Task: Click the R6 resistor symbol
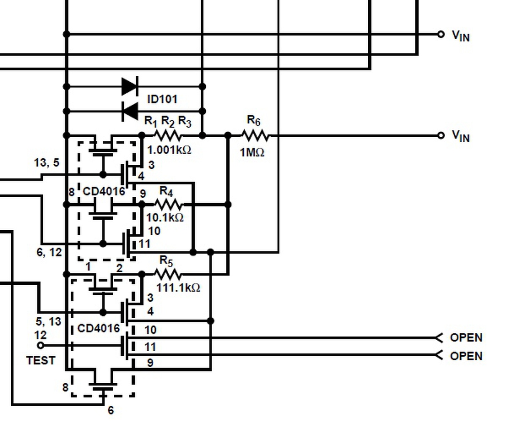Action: pyautogui.click(x=255, y=135)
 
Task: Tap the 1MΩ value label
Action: pyautogui.click(x=252, y=153)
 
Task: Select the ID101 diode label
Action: pyautogui.click(x=162, y=99)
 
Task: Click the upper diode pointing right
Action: pyautogui.click(x=130, y=86)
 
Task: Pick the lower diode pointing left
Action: pyautogui.click(x=130, y=111)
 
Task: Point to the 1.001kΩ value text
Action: pyautogui.click(x=169, y=150)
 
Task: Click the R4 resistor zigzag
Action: pyautogui.click(x=169, y=204)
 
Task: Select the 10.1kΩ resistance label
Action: pyautogui.click(x=165, y=218)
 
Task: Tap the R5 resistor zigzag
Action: pyautogui.click(x=169, y=274)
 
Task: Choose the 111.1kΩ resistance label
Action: pyautogui.click(x=178, y=288)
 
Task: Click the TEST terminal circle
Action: pyautogui.click(x=41, y=345)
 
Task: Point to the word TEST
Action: pyautogui.click(x=41, y=360)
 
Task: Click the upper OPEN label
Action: pyautogui.click(x=466, y=338)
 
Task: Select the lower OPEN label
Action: pyautogui.click(x=466, y=356)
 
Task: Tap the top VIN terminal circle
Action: pyautogui.click(x=441, y=34)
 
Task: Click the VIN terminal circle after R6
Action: pyautogui.click(x=441, y=135)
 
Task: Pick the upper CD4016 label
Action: pyautogui.click(x=104, y=191)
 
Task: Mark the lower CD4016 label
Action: pyautogui.click(x=98, y=328)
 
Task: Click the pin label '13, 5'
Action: pyautogui.click(x=47, y=163)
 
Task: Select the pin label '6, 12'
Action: pyautogui.click(x=49, y=252)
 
